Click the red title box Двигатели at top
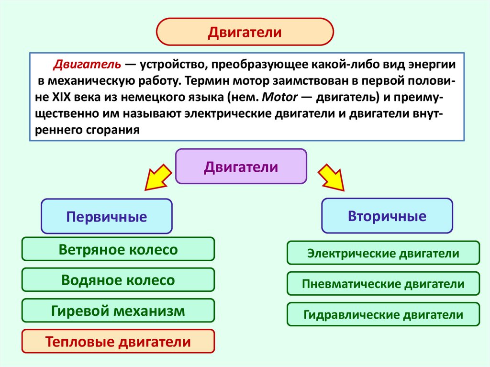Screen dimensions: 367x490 (245, 33)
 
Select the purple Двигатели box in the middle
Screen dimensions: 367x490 (241, 167)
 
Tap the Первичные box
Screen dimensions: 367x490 (106, 216)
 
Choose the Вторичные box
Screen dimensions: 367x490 (387, 216)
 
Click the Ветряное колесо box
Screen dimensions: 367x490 (118, 249)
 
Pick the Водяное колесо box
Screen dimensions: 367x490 (118, 280)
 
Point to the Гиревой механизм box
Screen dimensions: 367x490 (118, 311)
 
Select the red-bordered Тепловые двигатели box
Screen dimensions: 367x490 (118, 342)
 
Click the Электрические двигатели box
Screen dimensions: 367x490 (383, 253)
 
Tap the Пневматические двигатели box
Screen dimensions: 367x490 (383, 284)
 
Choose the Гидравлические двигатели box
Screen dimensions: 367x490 (383, 314)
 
